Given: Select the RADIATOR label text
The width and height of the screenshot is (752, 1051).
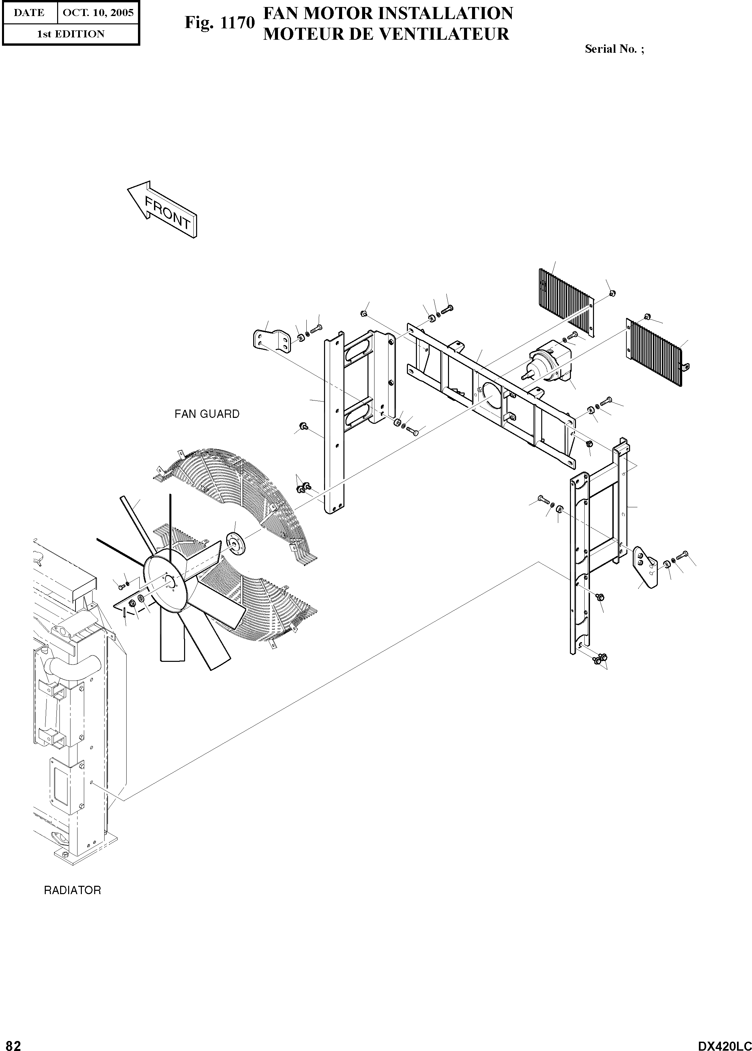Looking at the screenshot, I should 72,890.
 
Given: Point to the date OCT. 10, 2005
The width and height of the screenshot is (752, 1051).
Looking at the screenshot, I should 98,12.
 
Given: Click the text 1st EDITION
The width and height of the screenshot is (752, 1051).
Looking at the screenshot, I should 70,34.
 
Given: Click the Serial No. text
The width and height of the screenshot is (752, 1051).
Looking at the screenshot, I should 614,49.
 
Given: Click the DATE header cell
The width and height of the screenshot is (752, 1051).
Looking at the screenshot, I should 29,12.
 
